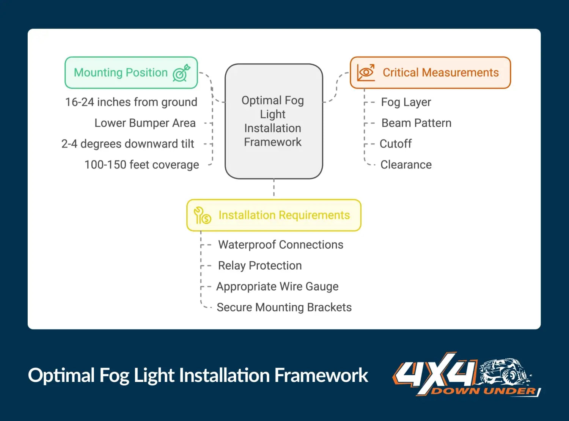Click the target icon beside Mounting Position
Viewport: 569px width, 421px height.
pyautogui.click(x=181, y=73)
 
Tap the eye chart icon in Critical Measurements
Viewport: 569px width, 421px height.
pyautogui.click(x=366, y=72)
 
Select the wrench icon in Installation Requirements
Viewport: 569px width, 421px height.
pyautogui.click(x=202, y=215)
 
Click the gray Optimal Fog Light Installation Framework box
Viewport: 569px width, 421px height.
pyautogui.click(x=273, y=121)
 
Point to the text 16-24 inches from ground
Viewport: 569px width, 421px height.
pyautogui.click(x=131, y=102)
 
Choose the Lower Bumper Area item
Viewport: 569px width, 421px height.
pyautogui.click(x=145, y=123)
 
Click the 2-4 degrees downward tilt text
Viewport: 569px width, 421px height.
pyautogui.click(x=128, y=144)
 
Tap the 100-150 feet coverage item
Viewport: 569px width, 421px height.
pyautogui.click(x=141, y=165)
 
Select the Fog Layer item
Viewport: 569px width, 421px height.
pyautogui.click(x=406, y=102)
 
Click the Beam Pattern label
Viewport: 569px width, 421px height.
pyautogui.click(x=416, y=123)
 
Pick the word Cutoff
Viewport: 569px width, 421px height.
pyautogui.click(x=396, y=144)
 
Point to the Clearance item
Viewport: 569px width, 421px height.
pyautogui.click(x=406, y=165)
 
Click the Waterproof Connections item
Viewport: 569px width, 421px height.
pyautogui.click(x=281, y=245)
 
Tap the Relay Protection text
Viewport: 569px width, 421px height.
pyautogui.click(x=260, y=265)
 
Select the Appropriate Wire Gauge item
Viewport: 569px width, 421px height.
pyautogui.click(x=277, y=286)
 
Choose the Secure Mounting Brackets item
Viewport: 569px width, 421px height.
pyautogui.click(x=284, y=307)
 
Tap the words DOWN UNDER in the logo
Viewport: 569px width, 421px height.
pyautogui.click(x=484, y=391)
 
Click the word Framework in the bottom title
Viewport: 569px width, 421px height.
pyautogui.click(x=321, y=375)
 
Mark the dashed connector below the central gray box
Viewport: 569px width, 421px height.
pyautogui.click(x=274, y=189)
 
